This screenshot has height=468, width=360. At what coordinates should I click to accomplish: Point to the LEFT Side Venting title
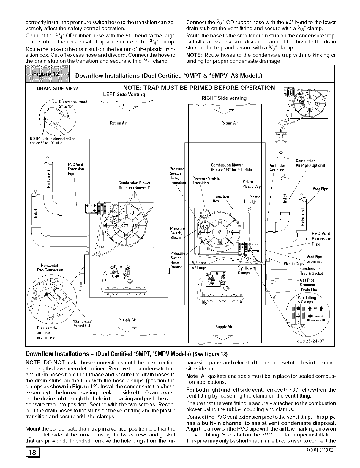(120, 95)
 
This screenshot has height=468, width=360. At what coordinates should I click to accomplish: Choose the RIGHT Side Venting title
(224, 98)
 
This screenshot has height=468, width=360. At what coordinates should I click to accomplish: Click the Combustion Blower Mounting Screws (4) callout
(134, 185)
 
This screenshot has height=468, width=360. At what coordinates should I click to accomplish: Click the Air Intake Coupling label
(277, 168)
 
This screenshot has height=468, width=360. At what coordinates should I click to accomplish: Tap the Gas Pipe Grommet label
(307, 282)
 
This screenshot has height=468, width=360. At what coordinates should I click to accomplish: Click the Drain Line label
(309, 290)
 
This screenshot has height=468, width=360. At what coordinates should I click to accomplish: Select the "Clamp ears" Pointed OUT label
(83, 323)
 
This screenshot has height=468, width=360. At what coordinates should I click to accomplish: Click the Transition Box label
(221, 199)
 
